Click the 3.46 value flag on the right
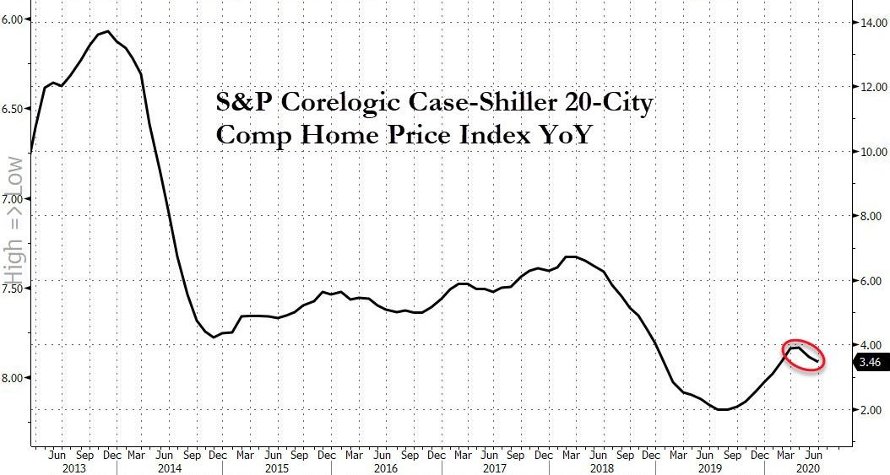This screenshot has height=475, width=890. (870, 362)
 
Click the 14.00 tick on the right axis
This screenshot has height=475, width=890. (870, 23)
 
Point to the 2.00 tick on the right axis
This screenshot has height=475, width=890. (870, 410)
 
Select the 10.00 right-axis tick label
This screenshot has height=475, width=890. (870, 152)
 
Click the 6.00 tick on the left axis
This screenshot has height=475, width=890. (14, 19)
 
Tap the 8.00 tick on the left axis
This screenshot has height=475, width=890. (14, 378)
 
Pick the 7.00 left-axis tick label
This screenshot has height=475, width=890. (14, 199)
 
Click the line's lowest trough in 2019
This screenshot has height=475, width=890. (723, 409)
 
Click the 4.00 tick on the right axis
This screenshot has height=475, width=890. (870, 345)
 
